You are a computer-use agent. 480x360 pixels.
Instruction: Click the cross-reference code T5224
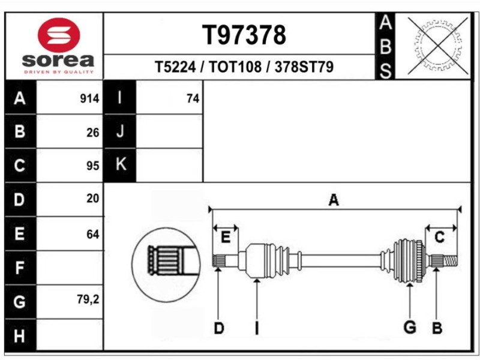(175, 67)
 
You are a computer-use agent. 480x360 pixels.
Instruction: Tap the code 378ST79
(304, 67)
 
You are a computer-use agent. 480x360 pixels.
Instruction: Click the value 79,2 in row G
(88, 299)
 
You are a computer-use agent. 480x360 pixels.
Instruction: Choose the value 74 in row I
(193, 99)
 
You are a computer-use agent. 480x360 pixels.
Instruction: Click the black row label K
(120, 164)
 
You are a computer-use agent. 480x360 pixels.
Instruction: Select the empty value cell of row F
(70, 267)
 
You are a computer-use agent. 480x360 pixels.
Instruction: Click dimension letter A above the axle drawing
(334, 201)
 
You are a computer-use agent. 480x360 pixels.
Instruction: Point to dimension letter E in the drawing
(226, 238)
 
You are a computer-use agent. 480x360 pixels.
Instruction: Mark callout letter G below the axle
(410, 328)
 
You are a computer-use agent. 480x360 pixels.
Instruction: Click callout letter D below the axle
(220, 328)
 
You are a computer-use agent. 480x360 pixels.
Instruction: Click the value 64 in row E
(92, 234)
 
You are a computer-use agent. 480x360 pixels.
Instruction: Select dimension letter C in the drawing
(439, 238)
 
